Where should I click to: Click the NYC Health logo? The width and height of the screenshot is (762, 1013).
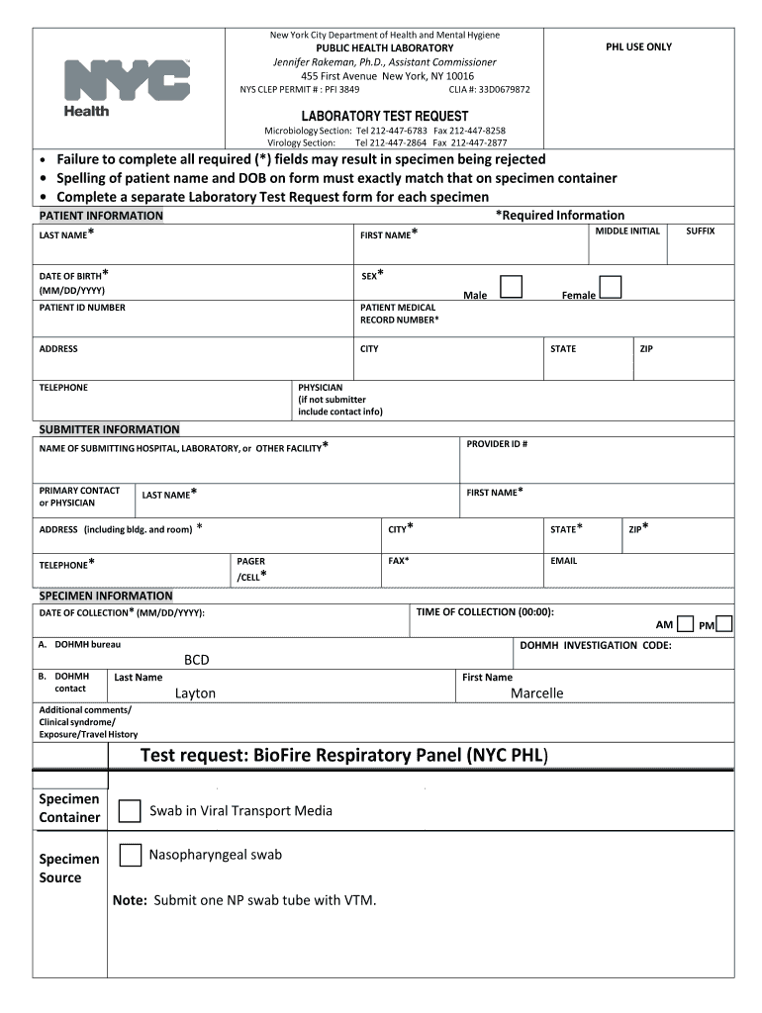(126, 87)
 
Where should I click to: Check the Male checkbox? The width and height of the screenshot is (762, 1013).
(511, 287)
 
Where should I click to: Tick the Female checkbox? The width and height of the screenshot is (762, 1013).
(611, 287)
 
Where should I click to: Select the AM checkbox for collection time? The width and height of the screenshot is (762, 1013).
(685, 624)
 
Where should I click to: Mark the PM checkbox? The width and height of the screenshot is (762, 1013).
(724, 624)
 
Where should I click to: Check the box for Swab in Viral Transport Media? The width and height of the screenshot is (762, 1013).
(130, 811)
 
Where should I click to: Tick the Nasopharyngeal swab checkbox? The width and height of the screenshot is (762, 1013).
(130, 856)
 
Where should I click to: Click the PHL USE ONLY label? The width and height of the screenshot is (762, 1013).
(638, 47)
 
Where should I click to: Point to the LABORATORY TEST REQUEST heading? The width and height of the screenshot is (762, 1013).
(385, 116)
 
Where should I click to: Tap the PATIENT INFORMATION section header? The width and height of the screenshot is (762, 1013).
(101, 216)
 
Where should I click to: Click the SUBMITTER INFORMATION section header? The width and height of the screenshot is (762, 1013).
(109, 429)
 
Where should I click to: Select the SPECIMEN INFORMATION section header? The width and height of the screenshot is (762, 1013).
(105, 596)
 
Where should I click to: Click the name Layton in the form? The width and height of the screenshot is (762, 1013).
(195, 693)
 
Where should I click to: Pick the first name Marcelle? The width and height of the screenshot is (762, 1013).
(536, 693)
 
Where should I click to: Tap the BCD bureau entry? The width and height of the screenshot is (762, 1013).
(197, 660)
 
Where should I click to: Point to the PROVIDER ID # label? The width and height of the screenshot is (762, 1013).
(497, 444)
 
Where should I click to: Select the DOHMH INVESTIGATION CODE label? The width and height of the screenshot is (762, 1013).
(596, 646)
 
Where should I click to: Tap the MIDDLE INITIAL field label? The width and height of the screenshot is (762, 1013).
(627, 230)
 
